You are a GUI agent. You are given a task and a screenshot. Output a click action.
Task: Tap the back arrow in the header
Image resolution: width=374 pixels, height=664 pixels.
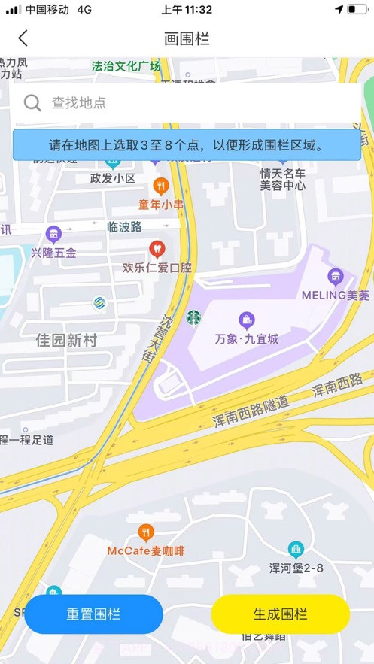point(23,38)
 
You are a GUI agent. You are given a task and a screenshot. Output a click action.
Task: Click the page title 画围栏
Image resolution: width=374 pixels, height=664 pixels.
point(187,38)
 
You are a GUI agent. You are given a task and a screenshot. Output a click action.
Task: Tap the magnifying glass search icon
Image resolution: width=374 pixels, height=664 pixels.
point(32,103)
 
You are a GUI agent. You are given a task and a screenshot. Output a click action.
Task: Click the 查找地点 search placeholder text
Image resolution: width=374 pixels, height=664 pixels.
point(79,103)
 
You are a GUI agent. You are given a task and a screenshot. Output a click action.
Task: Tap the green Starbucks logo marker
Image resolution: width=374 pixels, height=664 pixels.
point(194,318)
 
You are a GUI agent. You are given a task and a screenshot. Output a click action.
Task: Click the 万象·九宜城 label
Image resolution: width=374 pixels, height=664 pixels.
point(246,339)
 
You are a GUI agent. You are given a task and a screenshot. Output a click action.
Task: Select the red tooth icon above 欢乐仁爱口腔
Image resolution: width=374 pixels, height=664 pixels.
point(157,248)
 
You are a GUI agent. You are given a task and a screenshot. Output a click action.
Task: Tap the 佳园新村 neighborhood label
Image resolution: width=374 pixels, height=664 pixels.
point(66,341)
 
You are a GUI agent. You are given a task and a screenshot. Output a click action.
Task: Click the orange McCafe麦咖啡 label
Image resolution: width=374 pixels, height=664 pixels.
point(145,551)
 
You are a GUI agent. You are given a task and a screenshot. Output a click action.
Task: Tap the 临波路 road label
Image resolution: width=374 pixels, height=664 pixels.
point(124,226)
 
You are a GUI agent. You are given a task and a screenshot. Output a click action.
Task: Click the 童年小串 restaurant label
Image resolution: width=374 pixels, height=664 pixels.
point(161,205)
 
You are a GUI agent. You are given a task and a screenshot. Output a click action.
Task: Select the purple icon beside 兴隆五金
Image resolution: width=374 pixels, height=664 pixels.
point(53,234)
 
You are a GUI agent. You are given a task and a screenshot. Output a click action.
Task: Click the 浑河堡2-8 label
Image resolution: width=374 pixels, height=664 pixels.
point(296,568)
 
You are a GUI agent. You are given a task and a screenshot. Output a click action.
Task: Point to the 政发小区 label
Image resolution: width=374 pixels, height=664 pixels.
point(112,179)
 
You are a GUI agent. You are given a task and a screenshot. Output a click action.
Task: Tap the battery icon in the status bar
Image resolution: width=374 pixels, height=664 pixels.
point(356,10)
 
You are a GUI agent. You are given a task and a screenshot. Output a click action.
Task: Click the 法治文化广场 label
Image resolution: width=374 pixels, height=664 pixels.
point(126,66)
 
